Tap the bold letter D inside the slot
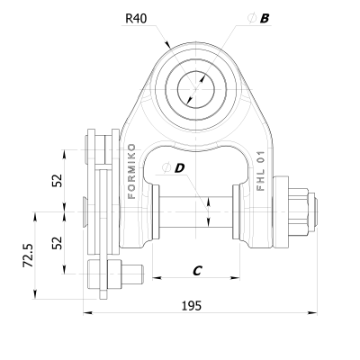click(x=180, y=167)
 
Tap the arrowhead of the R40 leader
click(x=166, y=46)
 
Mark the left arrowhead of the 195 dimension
click(x=87, y=313)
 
